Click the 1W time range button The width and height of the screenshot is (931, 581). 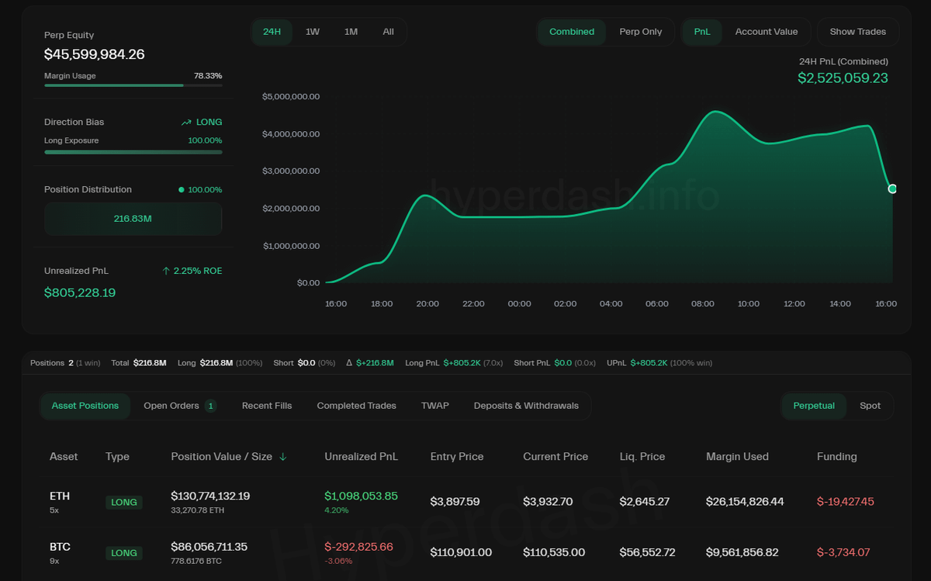(x=313, y=32)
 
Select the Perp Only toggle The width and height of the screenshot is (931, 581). (x=640, y=32)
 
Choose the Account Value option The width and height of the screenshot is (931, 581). (x=766, y=32)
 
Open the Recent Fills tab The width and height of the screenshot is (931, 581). (x=267, y=406)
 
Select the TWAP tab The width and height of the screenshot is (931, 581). (x=434, y=406)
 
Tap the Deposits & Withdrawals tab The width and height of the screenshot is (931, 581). (x=526, y=406)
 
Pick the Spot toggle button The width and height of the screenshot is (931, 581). (x=870, y=406)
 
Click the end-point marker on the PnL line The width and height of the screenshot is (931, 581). (x=892, y=188)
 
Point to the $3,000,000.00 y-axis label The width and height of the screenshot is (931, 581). (x=291, y=171)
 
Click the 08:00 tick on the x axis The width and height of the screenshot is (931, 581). (x=702, y=304)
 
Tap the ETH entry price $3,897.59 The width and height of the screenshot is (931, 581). (x=455, y=502)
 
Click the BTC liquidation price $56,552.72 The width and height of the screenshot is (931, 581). (x=647, y=552)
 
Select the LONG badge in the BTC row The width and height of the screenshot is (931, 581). (x=124, y=553)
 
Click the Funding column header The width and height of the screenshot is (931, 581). (x=836, y=457)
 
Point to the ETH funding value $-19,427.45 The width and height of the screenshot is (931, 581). (x=845, y=502)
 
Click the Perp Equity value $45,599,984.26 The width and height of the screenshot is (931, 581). (x=94, y=54)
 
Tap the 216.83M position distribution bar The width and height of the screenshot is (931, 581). (x=133, y=219)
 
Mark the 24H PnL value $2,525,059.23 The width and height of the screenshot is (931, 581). (x=843, y=78)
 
